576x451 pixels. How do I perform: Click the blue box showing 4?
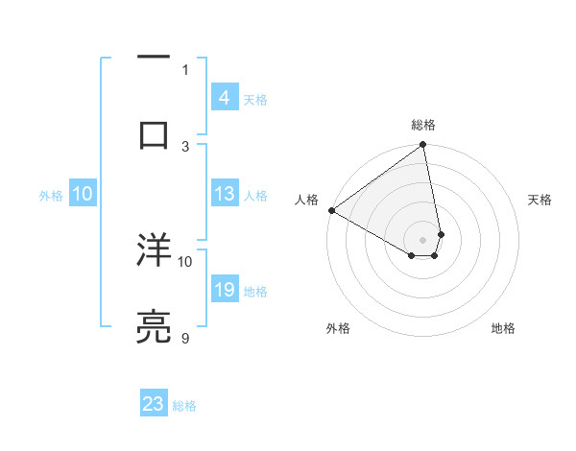pos(224,98)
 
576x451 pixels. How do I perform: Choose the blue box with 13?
pos(224,194)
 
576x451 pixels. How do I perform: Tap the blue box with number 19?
pos(224,290)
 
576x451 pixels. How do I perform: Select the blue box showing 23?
pos(154,404)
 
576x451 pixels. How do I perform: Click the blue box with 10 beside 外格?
pos(83,194)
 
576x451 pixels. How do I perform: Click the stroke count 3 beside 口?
pos(185,146)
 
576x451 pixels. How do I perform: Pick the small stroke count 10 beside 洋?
pos(185,260)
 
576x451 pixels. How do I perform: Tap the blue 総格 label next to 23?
pos(184,406)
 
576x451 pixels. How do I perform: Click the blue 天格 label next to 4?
pos(254,100)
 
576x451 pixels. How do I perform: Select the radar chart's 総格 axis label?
pos(423,125)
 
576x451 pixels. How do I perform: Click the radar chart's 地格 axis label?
pos(503,328)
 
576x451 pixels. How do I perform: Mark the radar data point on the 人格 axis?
pos(331,210)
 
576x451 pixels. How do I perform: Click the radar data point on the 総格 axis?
pos(423,145)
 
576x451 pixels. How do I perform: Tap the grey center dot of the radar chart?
pos(423,239)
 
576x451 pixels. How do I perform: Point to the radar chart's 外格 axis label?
pos(338,328)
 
